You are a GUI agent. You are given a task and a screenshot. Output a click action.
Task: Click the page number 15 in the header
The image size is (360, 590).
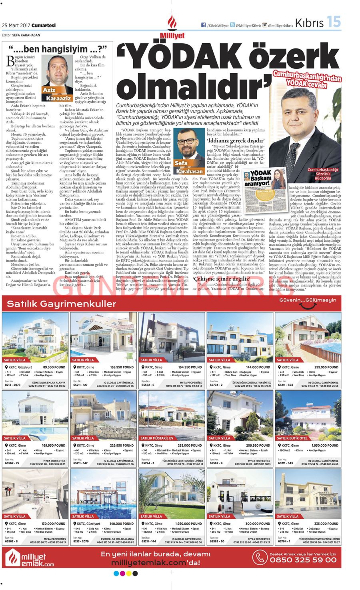334,22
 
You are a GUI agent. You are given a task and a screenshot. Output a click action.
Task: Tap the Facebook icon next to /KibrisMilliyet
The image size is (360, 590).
204,25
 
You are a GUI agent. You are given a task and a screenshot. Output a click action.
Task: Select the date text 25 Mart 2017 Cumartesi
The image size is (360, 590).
29,25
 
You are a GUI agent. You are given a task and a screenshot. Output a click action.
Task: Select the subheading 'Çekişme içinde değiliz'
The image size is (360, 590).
222,279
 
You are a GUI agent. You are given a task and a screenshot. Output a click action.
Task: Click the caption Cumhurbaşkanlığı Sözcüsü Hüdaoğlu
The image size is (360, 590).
323,174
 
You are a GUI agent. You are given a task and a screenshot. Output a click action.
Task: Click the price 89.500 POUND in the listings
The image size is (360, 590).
54,367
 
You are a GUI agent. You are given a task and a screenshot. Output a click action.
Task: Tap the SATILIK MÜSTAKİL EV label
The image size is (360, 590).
157,438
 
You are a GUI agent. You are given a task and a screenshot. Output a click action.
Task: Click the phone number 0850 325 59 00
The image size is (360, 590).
303,560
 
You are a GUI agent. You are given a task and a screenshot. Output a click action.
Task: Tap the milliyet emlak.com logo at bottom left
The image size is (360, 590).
30,558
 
